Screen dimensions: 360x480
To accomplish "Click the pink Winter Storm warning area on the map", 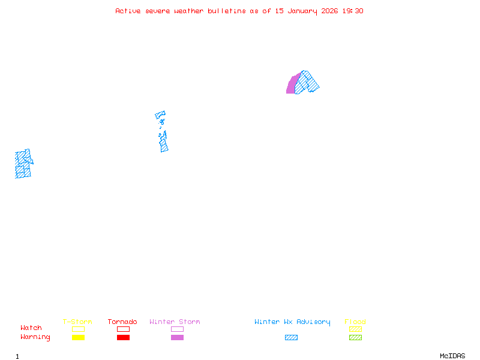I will click(292, 85).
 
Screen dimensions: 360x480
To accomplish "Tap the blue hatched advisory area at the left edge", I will click(23, 164).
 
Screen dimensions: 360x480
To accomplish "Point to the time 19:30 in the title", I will click(353, 11).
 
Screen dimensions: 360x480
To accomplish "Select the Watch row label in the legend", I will click(31, 328).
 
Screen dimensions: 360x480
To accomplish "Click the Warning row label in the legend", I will click(35, 337).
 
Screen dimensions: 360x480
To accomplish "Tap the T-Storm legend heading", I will click(77, 322).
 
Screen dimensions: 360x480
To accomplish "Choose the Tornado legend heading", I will click(122, 322).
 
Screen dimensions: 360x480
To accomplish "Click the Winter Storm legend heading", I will click(175, 322).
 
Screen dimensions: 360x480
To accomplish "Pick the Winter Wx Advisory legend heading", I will click(292, 322).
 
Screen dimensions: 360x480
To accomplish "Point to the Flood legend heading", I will click(355, 322).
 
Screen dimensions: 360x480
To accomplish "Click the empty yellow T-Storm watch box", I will click(78, 329).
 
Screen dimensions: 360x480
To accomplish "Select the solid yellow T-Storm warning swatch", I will click(78, 338).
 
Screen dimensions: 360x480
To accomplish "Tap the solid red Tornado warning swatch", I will click(123, 338).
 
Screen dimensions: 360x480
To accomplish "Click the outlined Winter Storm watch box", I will click(177, 329).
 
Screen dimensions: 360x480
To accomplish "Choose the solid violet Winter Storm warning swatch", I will click(177, 338).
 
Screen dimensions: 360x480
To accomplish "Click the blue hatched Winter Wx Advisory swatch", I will click(291, 338).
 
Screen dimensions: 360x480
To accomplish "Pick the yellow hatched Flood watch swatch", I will click(355, 329).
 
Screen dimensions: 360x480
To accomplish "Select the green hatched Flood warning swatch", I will click(355, 338).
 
